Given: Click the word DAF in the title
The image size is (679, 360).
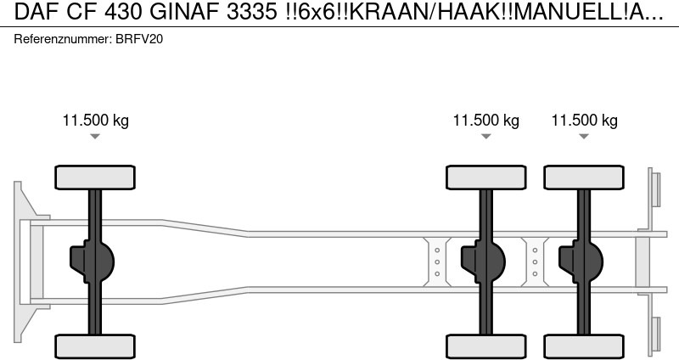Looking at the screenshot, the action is point(36,12).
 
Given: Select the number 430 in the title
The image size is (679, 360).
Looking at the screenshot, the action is point(123,12).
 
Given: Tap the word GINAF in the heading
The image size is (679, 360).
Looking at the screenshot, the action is point(184,12).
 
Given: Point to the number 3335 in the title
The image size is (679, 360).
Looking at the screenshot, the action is point(251,12).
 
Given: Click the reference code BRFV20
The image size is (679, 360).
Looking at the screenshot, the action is point(139,39).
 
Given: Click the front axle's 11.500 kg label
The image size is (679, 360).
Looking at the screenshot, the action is point(96,120).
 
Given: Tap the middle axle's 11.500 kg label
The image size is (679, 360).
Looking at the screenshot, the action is point(485,120).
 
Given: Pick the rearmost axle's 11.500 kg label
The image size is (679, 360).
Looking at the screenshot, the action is point(584,120).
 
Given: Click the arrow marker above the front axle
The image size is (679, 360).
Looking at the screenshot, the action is point(95,137).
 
